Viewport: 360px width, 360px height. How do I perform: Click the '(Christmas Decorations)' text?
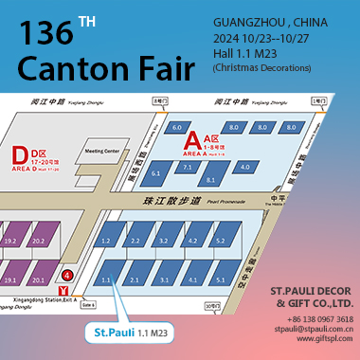(x=262, y=67)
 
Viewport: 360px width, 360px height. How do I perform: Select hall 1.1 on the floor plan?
(x=107, y=280)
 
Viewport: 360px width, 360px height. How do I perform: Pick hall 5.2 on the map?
(x=220, y=242)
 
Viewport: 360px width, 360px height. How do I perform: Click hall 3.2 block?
(x=165, y=242)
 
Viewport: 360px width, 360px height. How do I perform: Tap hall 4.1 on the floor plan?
(x=192, y=280)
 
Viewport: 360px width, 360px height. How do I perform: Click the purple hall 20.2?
(x=39, y=242)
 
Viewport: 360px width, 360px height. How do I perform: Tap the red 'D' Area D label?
(x=18, y=154)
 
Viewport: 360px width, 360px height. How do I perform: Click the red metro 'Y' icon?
(x=63, y=289)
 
